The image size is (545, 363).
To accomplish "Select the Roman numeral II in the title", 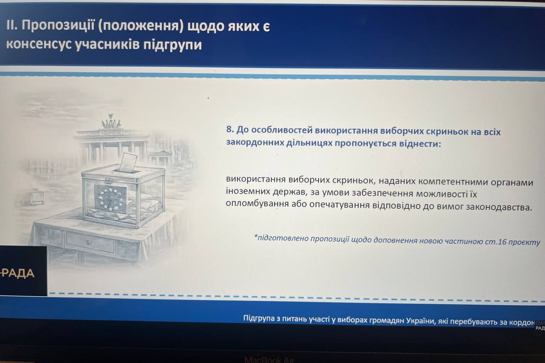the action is click(11, 25).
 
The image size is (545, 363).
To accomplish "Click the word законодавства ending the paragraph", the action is click(499, 207).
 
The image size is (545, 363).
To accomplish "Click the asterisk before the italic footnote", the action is click(255, 236).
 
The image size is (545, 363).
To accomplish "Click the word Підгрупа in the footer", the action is click(259, 318).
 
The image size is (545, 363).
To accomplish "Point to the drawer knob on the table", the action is click(89, 242).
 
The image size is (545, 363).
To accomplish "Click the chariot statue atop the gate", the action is click(111, 122).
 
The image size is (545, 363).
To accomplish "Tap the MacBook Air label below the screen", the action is click(270, 360).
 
